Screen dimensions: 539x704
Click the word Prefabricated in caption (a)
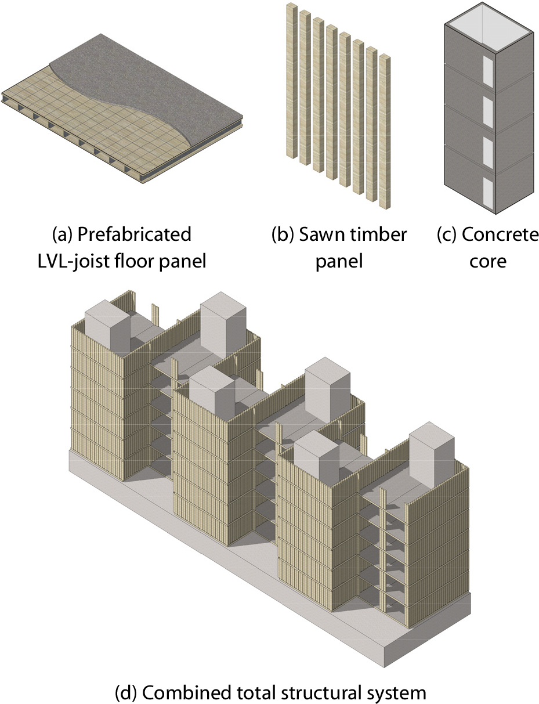click(135, 234)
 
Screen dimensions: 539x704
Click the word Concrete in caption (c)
click(500, 234)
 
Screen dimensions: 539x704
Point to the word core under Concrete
click(487, 262)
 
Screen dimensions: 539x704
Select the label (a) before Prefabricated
click(63, 234)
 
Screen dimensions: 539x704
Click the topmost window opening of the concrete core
click(488, 71)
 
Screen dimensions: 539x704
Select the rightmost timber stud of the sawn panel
click(385, 132)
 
